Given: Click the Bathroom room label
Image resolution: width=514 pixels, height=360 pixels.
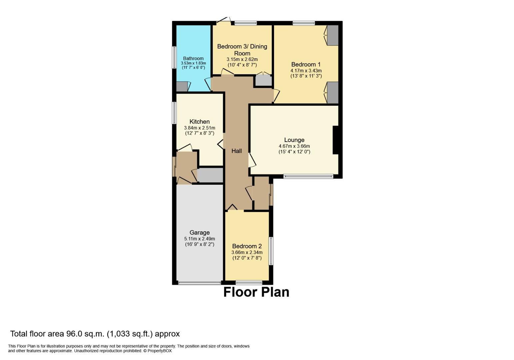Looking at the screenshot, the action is point(193,59).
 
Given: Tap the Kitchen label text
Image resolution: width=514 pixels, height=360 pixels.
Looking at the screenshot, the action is point(199,122).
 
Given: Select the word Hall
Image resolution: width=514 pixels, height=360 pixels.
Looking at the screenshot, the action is point(237,151).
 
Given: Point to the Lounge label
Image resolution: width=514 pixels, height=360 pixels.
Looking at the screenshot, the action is point(294,140).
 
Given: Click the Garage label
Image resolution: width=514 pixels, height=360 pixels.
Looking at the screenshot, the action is point(199,233).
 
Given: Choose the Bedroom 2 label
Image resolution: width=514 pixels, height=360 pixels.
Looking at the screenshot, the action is point(247,246).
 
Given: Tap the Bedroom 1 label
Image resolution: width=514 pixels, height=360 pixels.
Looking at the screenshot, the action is point(306,64).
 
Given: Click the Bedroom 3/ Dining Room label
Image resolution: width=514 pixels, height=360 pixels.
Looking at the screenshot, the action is point(242,50).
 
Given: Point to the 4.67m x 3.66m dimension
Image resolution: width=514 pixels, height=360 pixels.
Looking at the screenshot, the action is point(294,146).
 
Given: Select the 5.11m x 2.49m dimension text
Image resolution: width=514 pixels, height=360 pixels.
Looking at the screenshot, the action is point(199,239).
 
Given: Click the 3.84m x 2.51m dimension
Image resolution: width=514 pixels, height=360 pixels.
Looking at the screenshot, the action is point(199,128).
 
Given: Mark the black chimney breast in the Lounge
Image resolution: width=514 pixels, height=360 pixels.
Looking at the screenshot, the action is point(336,140).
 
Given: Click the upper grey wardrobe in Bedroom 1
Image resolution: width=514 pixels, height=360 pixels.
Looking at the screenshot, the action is point(333,35).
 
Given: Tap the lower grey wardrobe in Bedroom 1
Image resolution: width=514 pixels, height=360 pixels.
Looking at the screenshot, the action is point(333,92).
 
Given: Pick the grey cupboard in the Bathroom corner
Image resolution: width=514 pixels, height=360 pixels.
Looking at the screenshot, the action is point(182,87).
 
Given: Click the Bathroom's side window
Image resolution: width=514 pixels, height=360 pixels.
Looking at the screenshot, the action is point(174,57).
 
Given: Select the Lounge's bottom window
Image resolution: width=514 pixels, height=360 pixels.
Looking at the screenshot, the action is point(308,176).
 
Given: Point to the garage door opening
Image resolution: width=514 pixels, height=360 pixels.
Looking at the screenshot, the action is point(199,283).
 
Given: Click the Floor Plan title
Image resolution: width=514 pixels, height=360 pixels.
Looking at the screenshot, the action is point(256,292).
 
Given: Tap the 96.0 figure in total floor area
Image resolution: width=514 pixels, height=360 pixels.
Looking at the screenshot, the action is point(74,334).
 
